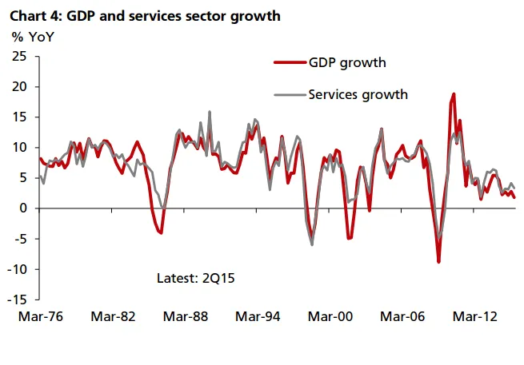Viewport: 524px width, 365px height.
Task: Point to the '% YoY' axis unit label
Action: (x=30, y=36)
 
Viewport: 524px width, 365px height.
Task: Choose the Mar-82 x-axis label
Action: (x=113, y=315)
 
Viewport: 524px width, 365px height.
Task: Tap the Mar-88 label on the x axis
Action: (x=186, y=315)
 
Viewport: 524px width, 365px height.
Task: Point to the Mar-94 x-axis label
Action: (x=258, y=315)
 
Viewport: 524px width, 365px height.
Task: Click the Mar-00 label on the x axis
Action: (x=331, y=315)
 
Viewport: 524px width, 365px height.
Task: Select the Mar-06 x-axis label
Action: (x=404, y=315)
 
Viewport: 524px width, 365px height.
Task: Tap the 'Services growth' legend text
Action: (x=358, y=94)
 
